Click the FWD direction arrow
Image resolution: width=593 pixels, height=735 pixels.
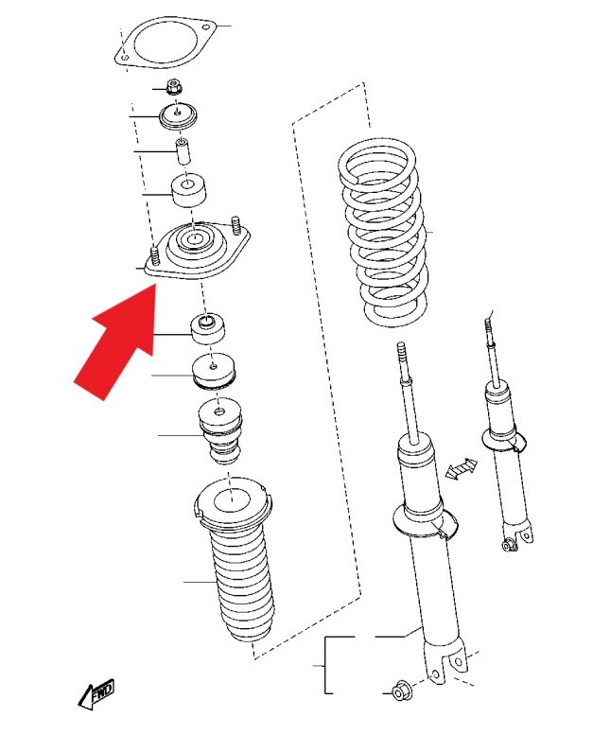[96, 693]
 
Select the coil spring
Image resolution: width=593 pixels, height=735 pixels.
[383, 233]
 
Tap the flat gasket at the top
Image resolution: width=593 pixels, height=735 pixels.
[165, 42]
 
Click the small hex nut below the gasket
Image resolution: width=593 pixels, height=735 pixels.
[174, 87]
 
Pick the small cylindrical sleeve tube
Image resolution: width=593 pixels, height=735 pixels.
[183, 150]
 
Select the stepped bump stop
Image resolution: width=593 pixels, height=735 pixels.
[219, 431]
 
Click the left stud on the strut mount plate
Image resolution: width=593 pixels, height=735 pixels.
[155, 256]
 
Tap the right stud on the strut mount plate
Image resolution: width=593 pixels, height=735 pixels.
[236, 226]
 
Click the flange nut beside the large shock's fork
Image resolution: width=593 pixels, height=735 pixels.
[402, 691]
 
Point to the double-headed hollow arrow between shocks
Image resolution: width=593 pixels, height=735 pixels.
[462, 469]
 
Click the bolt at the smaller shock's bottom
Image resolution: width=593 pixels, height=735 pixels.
[508, 545]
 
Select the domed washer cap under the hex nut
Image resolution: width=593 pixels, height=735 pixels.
[178, 115]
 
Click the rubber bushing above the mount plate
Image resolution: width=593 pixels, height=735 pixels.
[189, 191]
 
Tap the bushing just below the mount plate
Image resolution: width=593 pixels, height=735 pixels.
[208, 328]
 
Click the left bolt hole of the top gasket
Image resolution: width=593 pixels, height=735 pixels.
[124, 58]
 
